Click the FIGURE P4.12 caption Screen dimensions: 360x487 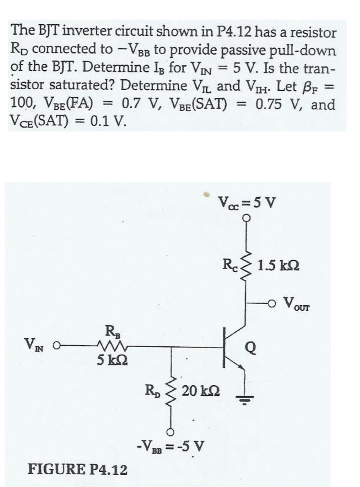(x=77, y=470)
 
